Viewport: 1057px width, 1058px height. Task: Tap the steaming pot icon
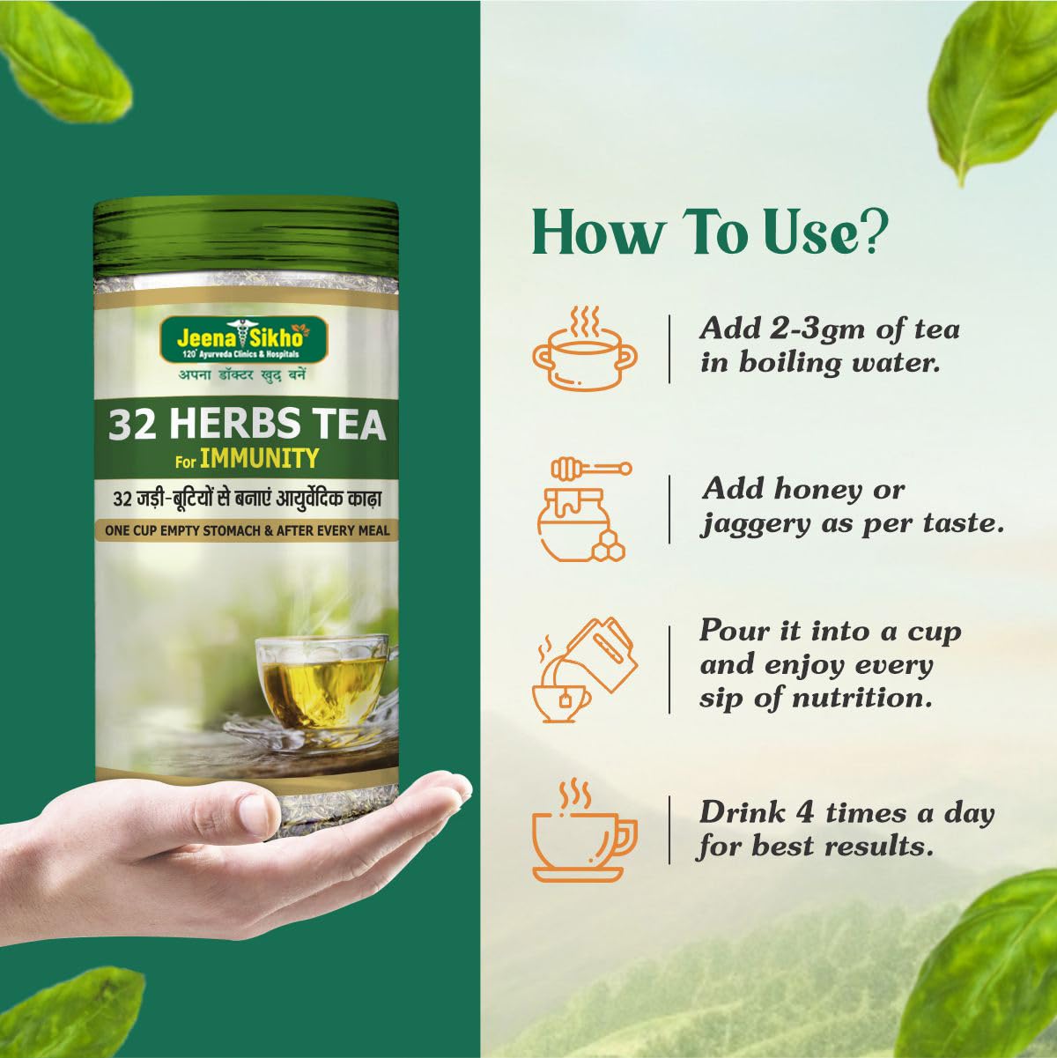585,348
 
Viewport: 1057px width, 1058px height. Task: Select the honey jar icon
584,511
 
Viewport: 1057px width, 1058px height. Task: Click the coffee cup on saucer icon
585,830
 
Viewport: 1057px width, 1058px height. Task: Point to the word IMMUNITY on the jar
259,458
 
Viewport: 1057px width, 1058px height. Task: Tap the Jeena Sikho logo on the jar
244,340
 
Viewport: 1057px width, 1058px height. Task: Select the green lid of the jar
246,237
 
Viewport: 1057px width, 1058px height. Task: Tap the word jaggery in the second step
755,525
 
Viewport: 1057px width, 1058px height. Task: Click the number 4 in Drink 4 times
804,812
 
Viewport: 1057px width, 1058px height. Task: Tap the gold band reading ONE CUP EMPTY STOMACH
247,530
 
